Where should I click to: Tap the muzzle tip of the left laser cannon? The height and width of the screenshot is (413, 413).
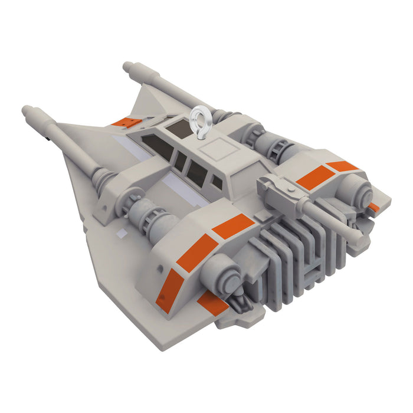point(26,110)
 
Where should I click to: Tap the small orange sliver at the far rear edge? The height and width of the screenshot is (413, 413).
point(373,207)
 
